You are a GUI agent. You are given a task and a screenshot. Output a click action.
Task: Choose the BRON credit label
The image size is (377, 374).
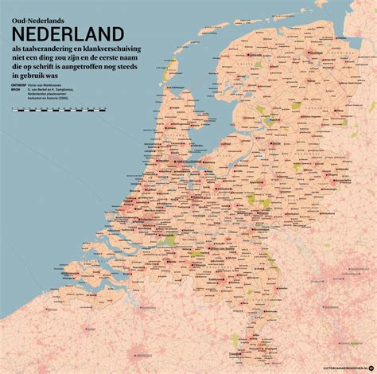pyautogui.click(x=16, y=95)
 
